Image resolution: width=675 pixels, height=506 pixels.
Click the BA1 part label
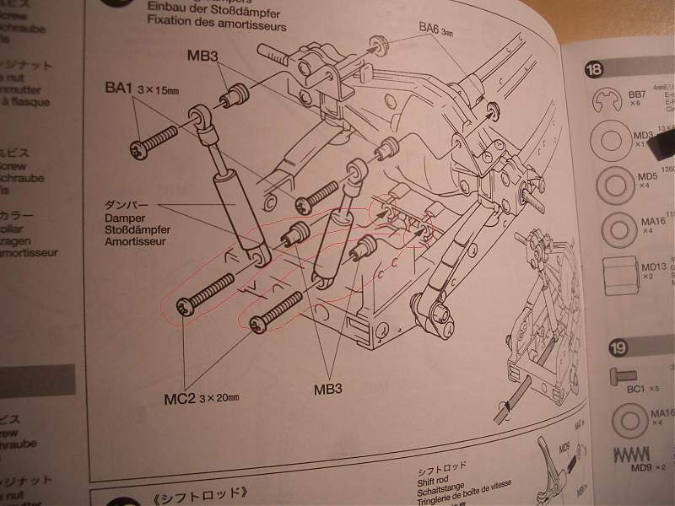[118, 87]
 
